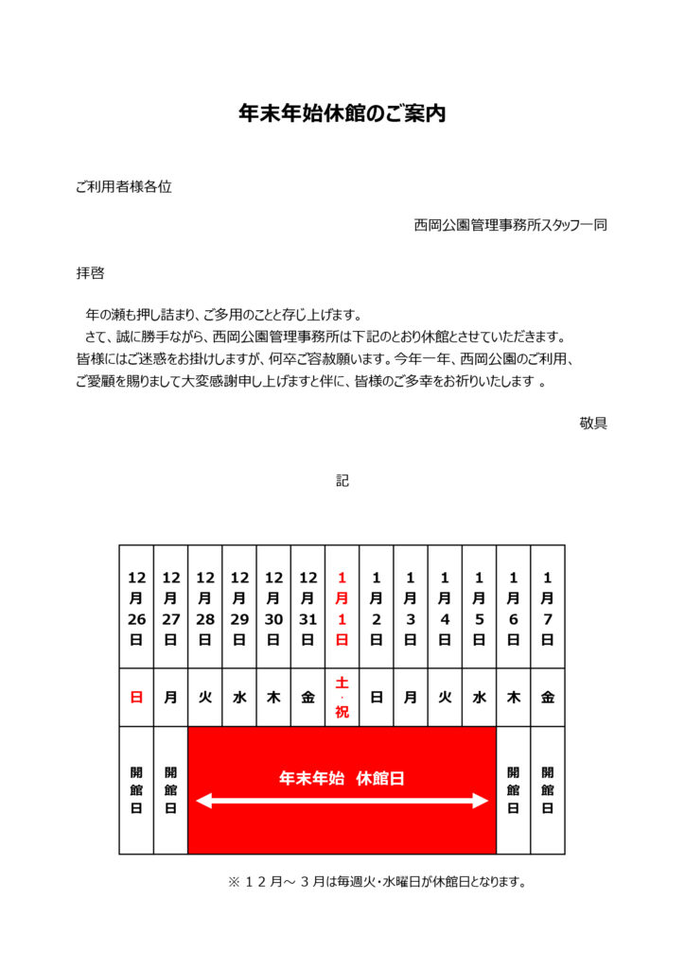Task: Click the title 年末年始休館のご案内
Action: tap(342, 114)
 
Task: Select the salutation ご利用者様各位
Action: tap(124, 187)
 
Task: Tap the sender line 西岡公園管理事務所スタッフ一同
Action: tap(510, 225)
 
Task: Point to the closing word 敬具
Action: tap(593, 423)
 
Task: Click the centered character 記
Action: tap(342, 480)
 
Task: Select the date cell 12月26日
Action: tap(136, 607)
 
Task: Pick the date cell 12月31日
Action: tap(307, 607)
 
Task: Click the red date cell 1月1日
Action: tap(342, 607)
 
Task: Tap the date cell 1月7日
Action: tap(547, 607)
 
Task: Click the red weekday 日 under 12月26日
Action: tap(136, 697)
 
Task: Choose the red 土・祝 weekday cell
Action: tap(342, 697)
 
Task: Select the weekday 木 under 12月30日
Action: tap(273, 697)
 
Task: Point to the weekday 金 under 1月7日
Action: tap(547, 697)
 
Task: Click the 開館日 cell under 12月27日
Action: tap(170, 789)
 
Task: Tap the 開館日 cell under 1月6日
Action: tap(513, 789)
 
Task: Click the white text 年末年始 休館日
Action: tap(342, 778)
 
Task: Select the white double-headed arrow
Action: tap(342, 802)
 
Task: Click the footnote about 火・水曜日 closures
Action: tap(377, 882)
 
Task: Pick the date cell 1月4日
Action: tap(445, 607)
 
